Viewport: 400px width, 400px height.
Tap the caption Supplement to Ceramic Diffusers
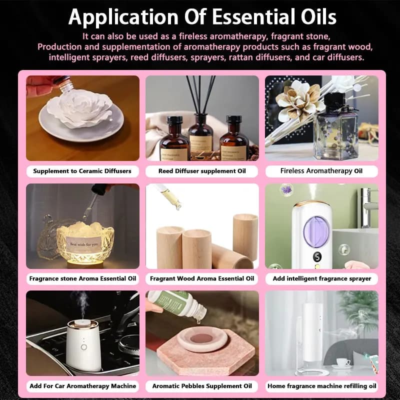pyautogui.click(x=82, y=171)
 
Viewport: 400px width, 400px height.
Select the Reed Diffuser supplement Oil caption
pyautogui.click(x=202, y=171)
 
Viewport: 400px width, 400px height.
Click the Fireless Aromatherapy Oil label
pyautogui.click(x=321, y=171)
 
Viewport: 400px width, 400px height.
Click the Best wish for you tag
pyautogui.click(x=84, y=244)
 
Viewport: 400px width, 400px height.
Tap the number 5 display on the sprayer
pyautogui.click(x=317, y=256)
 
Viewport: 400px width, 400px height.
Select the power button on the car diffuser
pyautogui.click(x=83, y=347)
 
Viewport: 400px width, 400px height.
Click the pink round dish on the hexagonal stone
pyautogui.click(x=202, y=338)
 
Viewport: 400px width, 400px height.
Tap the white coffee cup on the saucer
pyautogui.click(x=343, y=362)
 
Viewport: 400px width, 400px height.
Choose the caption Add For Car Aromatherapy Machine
pyautogui.click(x=83, y=386)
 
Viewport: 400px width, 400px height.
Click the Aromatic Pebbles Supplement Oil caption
pyautogui.click(x=202, y=386)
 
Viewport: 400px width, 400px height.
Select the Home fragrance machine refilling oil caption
pyautogui.click(x=322, y=386)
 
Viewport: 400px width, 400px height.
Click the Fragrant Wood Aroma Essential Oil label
pyautogui.click(x=202, y=278)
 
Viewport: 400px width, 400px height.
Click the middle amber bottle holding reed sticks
pyautogui.click(x=201, y=134)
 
